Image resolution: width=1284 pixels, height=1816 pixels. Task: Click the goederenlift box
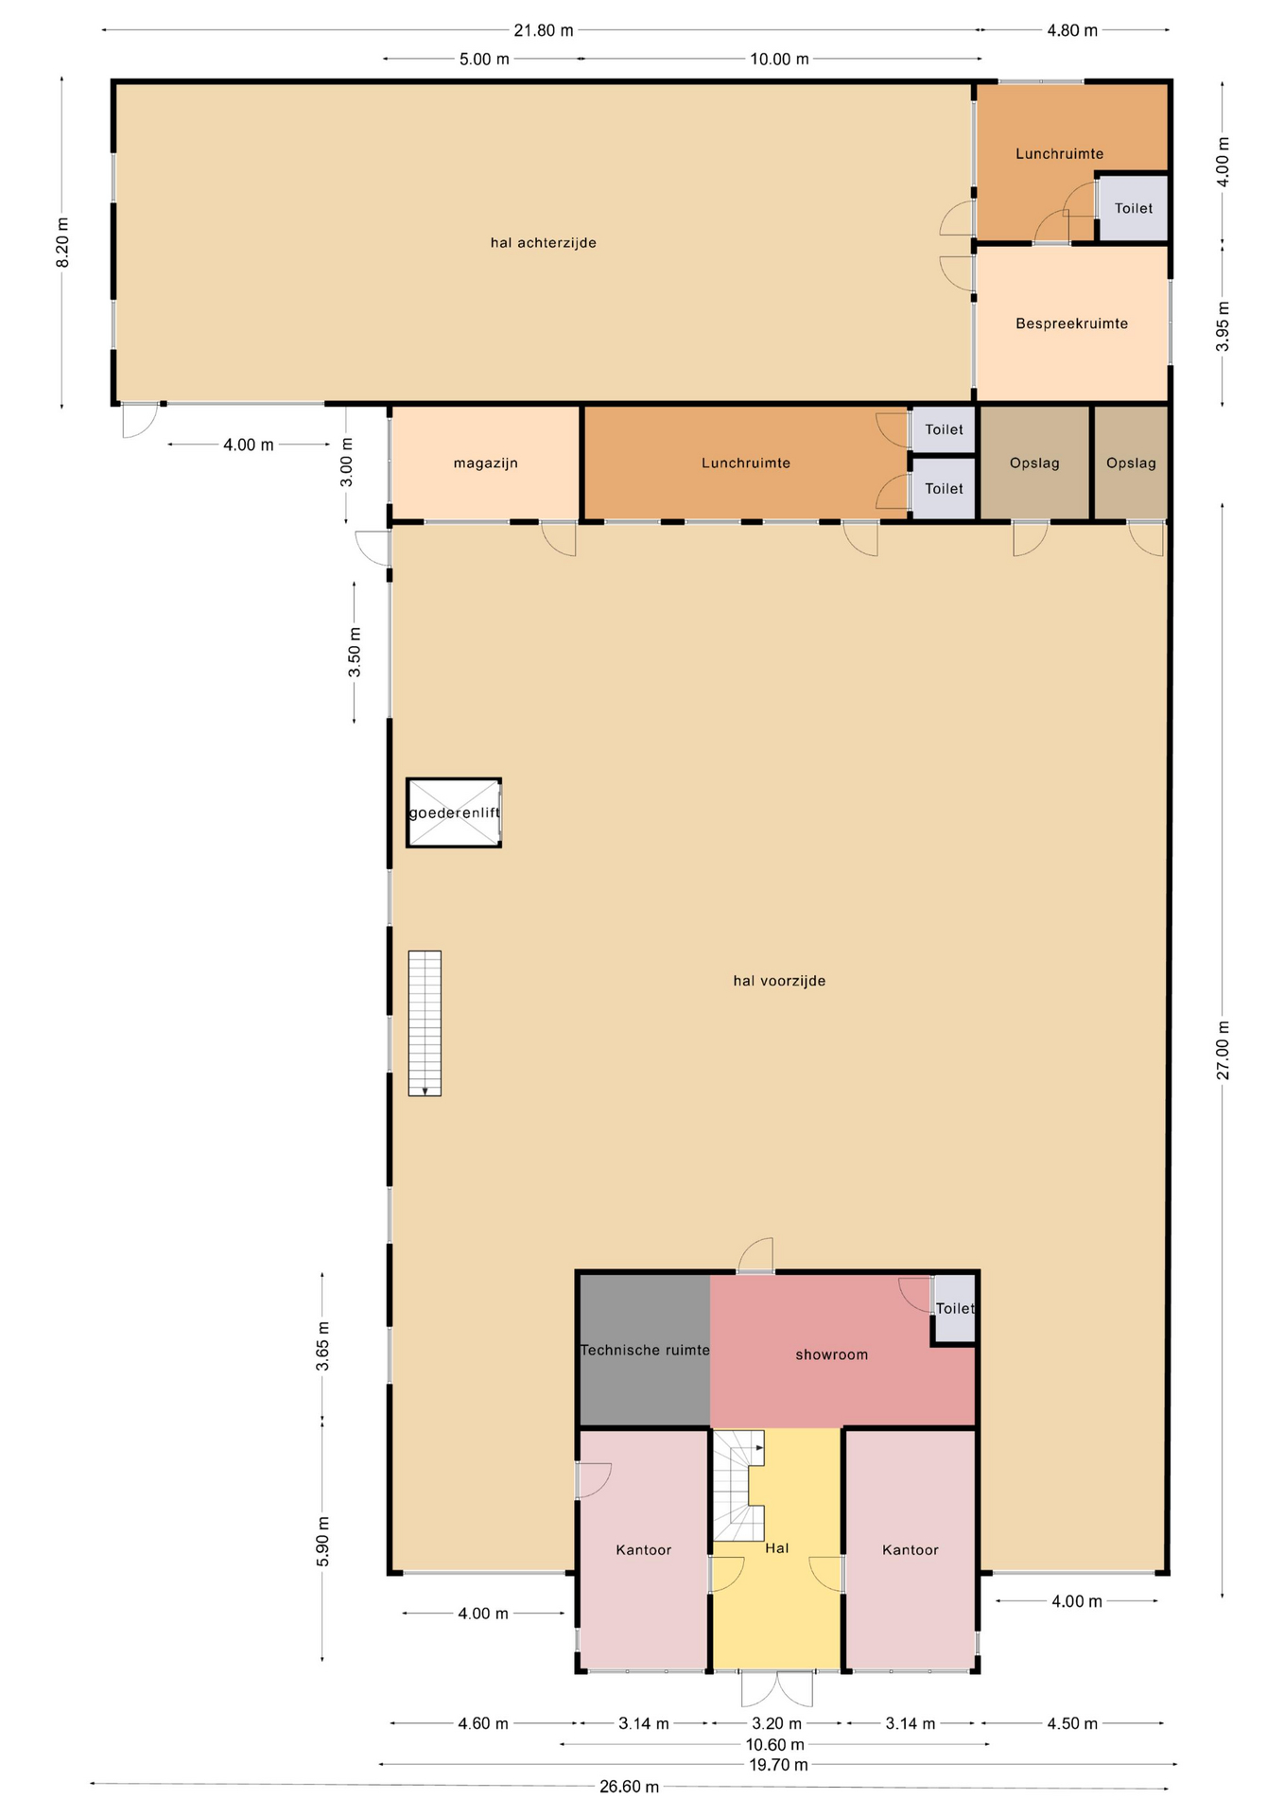(454, 812)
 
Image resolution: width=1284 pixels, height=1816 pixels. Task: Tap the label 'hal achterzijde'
(544, 243)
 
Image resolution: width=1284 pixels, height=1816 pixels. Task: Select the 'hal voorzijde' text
(779, 981)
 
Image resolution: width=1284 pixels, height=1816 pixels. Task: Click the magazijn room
(485, 463)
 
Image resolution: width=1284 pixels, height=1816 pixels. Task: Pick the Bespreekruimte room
(1071, 323)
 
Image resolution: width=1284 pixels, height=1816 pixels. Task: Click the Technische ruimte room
(645, 1350)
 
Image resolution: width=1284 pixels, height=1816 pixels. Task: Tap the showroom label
(831, 1354)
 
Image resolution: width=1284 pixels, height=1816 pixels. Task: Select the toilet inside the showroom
(954, 1308)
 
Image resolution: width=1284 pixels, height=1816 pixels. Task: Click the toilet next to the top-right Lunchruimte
(1133, 208)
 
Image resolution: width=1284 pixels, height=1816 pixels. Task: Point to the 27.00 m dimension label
(1223, 1050)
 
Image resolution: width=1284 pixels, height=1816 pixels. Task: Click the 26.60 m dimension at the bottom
(629, 1787)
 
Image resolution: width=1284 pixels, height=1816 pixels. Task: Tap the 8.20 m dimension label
(62, 243)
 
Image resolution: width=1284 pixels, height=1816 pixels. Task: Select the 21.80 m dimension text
(544, 30)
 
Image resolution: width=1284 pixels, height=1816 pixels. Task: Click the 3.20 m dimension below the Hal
(776, 1723)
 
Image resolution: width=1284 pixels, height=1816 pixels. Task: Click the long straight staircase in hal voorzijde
(425, 1023)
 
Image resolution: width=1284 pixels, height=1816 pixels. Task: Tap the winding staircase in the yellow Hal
(737, 1485)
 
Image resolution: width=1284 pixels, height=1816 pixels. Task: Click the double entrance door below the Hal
(776, 1689)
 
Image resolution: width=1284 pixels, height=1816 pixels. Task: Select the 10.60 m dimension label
(775, 1744)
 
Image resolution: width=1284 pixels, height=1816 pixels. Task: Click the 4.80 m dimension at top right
(1072, 30)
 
